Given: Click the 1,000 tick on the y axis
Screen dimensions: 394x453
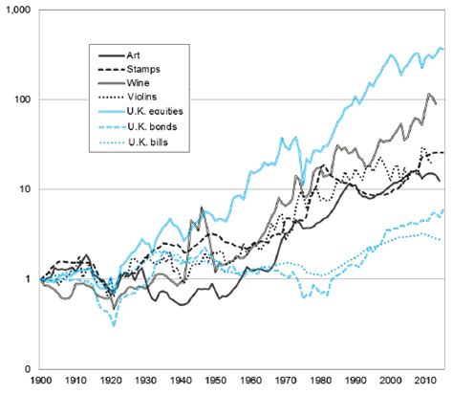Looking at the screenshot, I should click(17, 9).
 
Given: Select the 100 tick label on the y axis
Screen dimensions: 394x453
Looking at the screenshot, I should click(21, 98).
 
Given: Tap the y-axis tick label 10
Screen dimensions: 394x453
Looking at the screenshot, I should click(24, 189).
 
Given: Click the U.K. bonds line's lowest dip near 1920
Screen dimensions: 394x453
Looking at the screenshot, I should click(114, 325).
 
